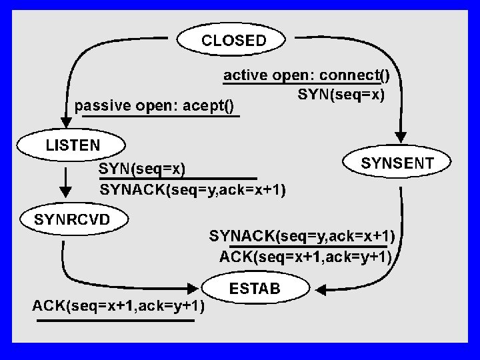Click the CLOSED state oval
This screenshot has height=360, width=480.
[231, 39]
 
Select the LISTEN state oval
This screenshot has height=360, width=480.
[71, 145]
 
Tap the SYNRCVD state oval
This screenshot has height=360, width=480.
[74, 219]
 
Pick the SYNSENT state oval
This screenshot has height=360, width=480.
[397, 161]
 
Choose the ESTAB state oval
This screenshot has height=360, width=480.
[255, 288]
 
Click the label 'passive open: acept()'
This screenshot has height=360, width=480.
[154, 106]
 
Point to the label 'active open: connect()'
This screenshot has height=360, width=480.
[307, 75]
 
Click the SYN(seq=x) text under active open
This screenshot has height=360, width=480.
[341, 94]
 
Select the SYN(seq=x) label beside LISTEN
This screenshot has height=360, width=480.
[142, 169]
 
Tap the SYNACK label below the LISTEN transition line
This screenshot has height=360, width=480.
[193, 190]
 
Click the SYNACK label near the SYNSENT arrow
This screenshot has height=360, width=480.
[302, 236]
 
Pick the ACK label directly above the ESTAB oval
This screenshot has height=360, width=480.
[305, 257]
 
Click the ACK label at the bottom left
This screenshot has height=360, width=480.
[118, 305]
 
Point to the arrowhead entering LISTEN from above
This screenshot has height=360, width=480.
[66, 122]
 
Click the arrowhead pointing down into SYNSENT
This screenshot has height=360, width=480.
[401, 137]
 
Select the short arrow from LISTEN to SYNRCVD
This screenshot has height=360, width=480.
[65, 183]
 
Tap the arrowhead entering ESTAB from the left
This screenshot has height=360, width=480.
[192, 288]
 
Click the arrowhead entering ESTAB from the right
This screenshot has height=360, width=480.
[321, 289]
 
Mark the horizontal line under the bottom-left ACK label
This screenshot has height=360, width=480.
[115, 321]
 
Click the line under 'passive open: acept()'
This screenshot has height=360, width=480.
[161, 116]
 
